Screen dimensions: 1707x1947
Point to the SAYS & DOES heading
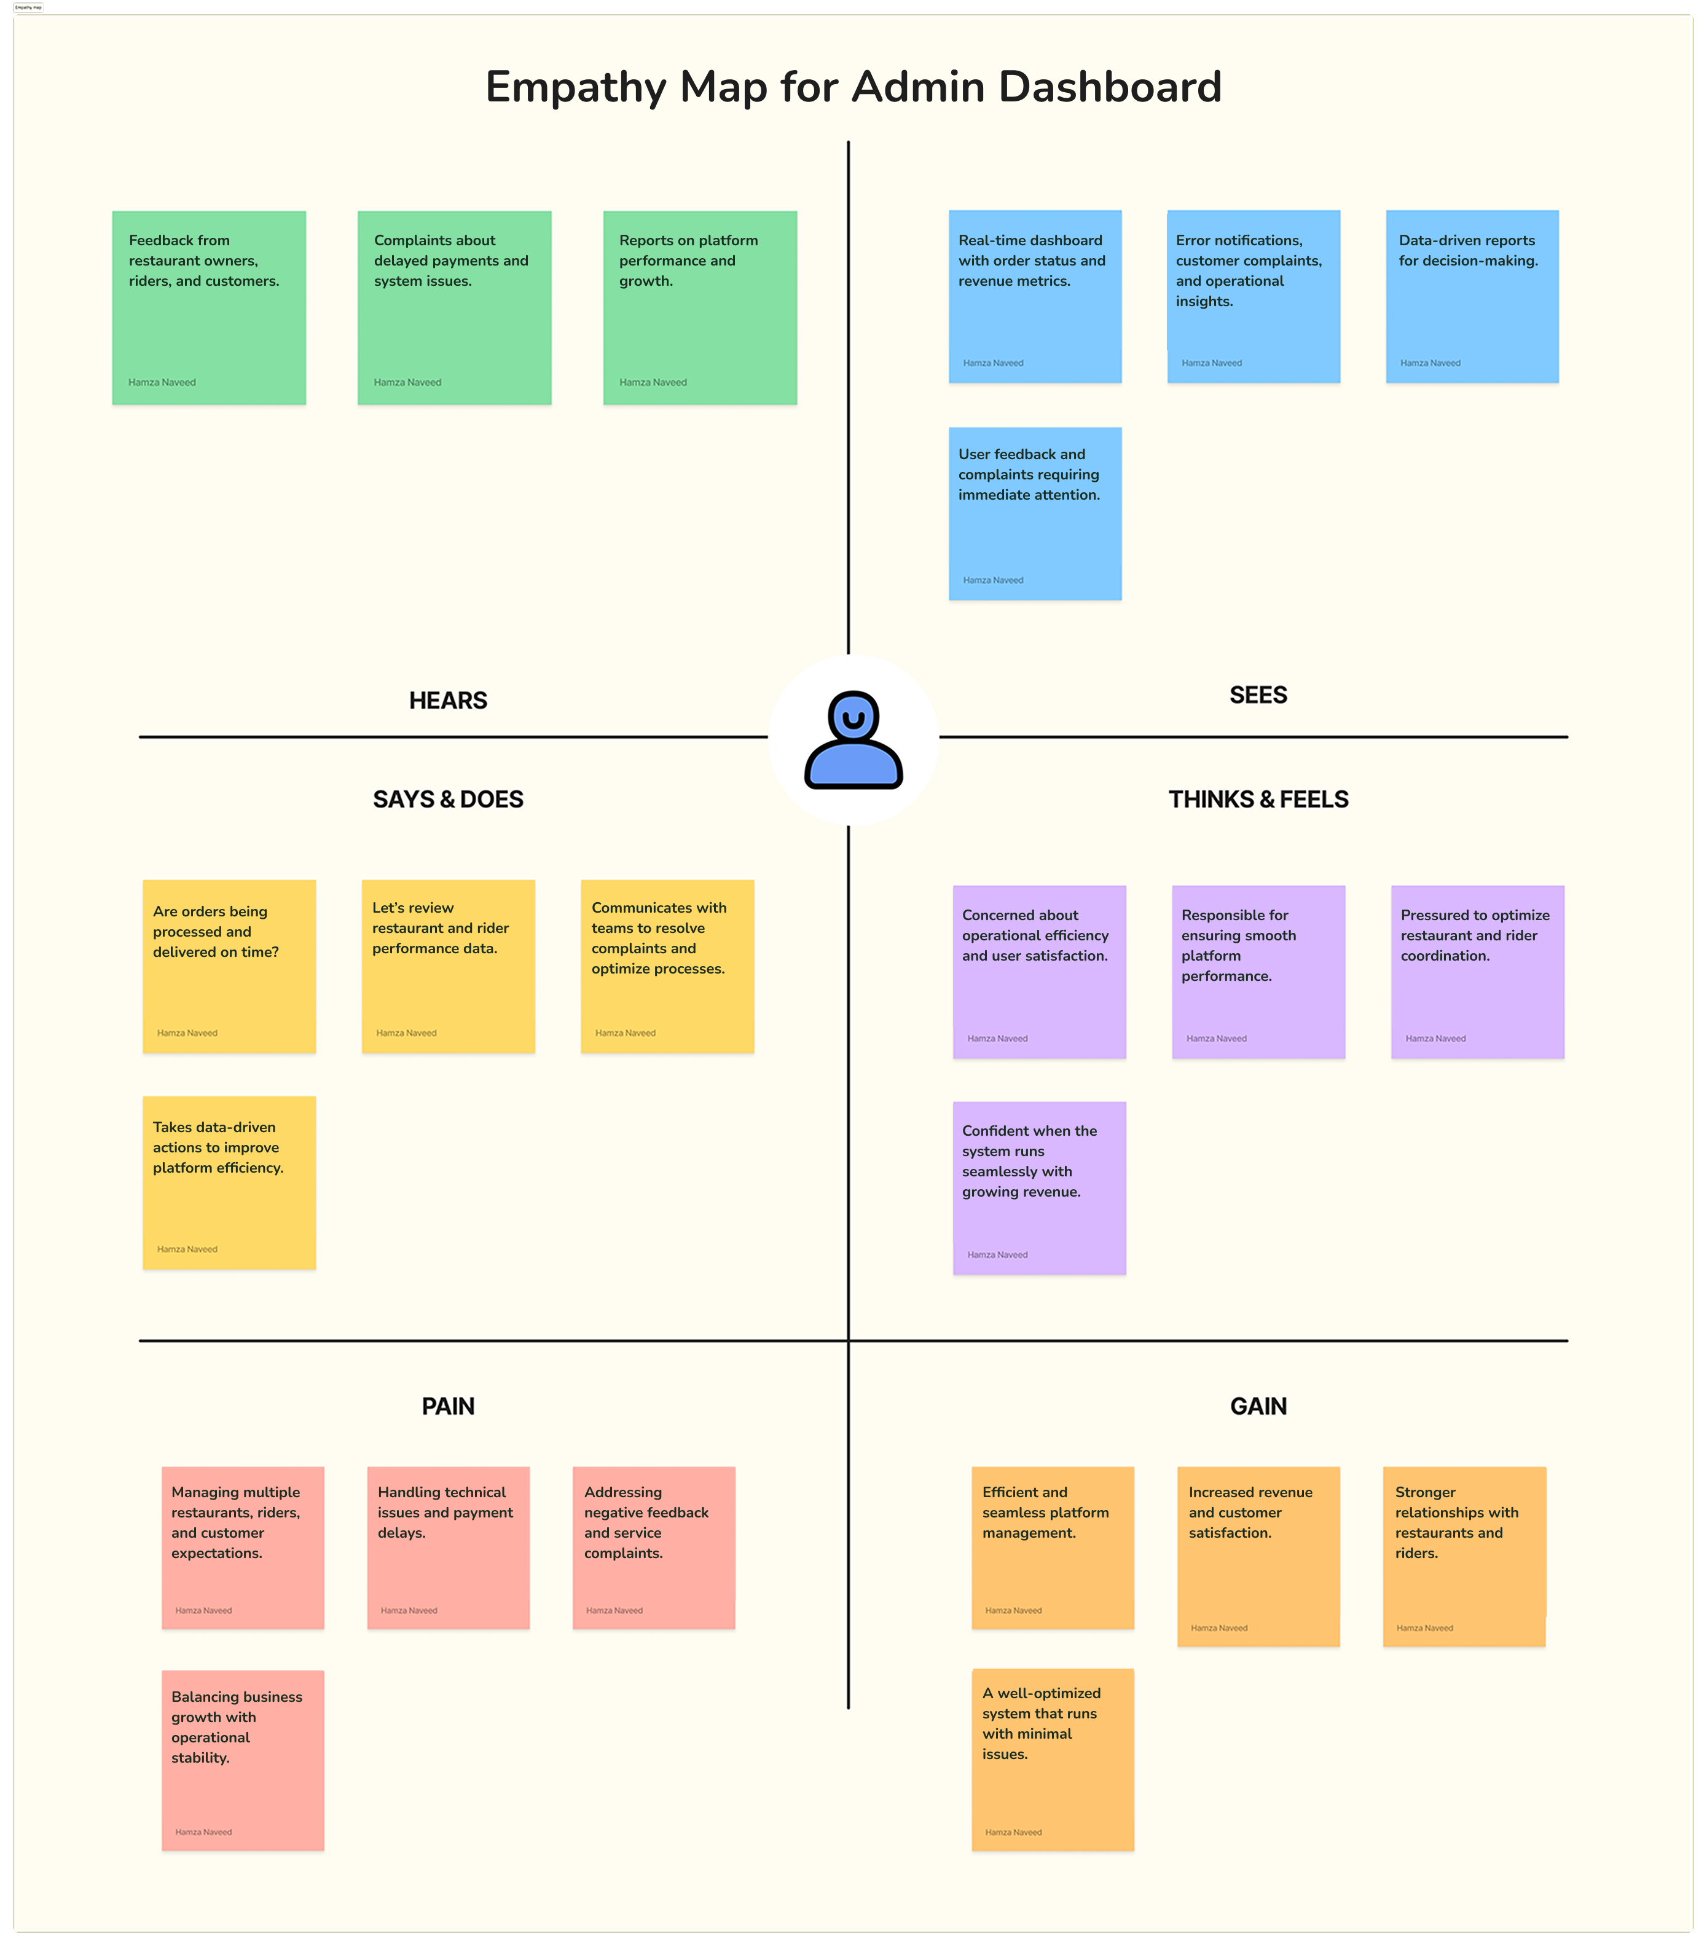click(448, 799)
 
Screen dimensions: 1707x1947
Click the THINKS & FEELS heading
click(1258, 799)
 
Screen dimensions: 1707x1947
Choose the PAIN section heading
click(448, 1406)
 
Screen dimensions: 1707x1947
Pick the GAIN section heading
click(1258, 1406)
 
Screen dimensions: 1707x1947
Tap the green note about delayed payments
click(454, 308)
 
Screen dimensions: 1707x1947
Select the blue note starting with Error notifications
click(1254, 296)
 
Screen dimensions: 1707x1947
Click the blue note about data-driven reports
click(1472, 296)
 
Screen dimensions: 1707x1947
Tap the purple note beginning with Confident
click(1039, 1188)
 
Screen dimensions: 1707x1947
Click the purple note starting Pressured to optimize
click(1477, 972)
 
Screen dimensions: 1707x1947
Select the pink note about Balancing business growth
click(243, 1760)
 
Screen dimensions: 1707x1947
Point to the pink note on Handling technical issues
click(449, 1548)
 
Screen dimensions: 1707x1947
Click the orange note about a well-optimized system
click(1053, 1760)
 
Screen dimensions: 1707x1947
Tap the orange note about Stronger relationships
click(1464, 1557)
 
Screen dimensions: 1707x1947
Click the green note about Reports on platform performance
click(700, 308)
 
